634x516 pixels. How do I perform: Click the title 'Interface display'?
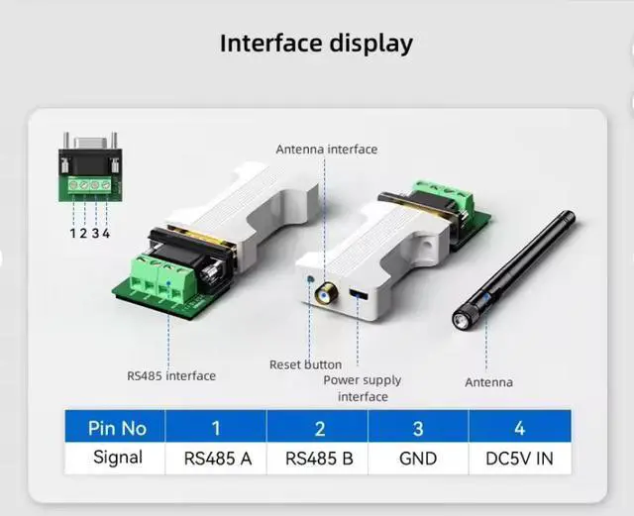coord(316,44)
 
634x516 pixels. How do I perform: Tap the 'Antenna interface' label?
coord(326,150)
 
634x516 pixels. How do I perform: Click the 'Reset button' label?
coord(305,364)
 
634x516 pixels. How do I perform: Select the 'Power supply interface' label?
coord(363,388)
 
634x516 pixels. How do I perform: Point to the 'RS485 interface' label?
coord(171,375)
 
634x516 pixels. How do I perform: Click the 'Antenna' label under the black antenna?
coord(489,382)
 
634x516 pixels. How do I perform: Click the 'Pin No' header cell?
coord(117,428)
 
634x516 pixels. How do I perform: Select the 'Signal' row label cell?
coord(117,458)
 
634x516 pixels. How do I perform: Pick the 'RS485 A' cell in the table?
coord(217,458)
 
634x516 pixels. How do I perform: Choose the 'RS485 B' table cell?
coord(318,458)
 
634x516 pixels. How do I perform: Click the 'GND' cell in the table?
coord(418,458)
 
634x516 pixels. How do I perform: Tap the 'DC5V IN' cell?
coord(520,458)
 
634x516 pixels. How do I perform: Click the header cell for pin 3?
coord(418,428)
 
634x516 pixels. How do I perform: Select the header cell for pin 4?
coord(520,428)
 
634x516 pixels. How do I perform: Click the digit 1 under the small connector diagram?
coord(72,233)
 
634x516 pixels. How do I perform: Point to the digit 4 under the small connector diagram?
coord(106,233)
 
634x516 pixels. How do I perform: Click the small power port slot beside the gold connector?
coord(356,296)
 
